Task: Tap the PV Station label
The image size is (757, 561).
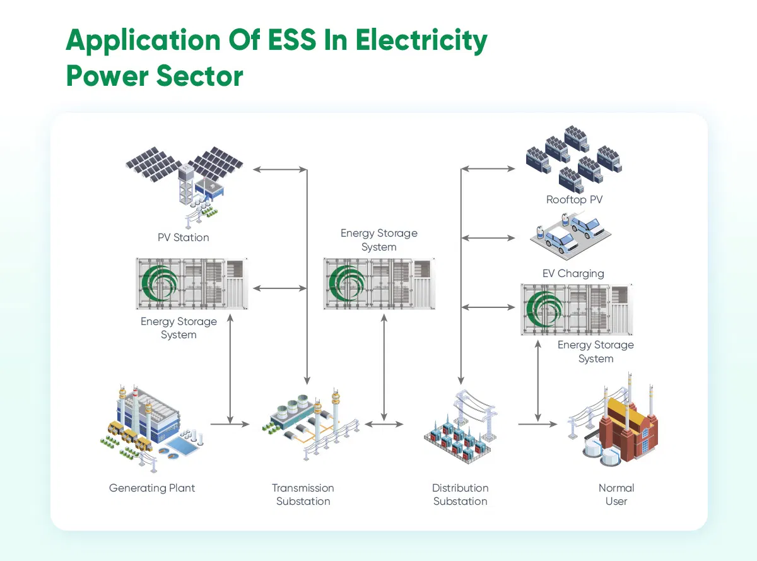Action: (x=183, y=238)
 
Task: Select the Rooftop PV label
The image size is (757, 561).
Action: (x=574, y=200)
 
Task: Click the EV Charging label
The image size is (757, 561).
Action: (x=573, y=274)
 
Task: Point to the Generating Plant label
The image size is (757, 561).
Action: (x=152, y=488)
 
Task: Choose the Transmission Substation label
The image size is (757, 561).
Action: (x=303, y=495)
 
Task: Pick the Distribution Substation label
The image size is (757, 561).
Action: (x=460, y=495)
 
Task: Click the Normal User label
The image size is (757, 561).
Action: (x=616, y=495)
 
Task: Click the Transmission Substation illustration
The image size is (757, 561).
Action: (x=309, y=423)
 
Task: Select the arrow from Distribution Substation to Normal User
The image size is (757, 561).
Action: (x=538, y=424)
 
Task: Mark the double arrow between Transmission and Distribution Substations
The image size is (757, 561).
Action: (x=384, y=424)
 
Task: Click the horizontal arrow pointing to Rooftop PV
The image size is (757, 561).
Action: (x=489, y=168)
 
